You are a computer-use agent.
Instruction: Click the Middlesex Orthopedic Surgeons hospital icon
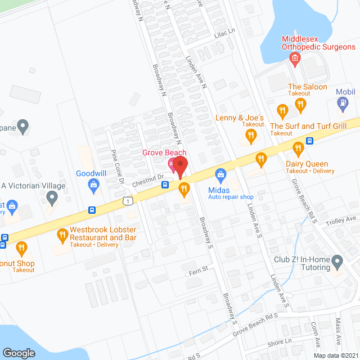click(x=293, y=58)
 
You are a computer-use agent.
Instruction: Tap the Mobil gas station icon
click(x=342, y=103)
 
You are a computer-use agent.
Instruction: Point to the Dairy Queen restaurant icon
click(x=298, y=148)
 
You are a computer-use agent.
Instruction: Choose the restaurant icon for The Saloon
click(x=301, y=103)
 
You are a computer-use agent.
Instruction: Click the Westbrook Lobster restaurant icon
click(x=62, y=233)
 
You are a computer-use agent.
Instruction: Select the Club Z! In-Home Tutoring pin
click(x=337, y=260)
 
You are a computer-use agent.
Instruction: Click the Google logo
click(x=19, y=353)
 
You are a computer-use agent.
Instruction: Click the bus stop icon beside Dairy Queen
click(x=309, y=141)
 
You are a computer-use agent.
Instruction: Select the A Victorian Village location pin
click(x=52, y=197)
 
